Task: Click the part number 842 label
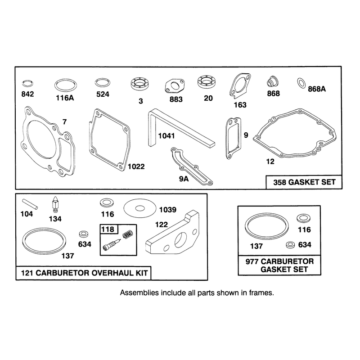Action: tap(27, 94)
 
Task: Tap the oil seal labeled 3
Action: tap(139, 84)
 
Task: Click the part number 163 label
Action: tap(240, 105)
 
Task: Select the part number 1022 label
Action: tap(136, 166)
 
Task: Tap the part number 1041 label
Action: tap(166, 136)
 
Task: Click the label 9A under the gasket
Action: tap(184, 179)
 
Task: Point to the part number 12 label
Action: tap(270, 162)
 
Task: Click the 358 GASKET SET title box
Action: tap(304, 182)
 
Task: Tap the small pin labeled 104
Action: tap(30, 204)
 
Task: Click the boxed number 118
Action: tap(108, 229)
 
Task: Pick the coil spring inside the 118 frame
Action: tap(128, 234)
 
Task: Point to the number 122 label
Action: tap(162, 225)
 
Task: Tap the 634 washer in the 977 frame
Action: tap(291, 245)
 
